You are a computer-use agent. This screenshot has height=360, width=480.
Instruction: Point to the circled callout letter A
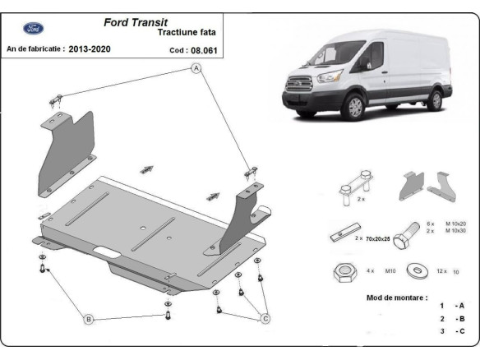[x=196, y=69]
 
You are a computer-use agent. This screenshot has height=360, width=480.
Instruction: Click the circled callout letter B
[x=88, y=318]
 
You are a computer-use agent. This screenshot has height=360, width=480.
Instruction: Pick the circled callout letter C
[x=265, y=318]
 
